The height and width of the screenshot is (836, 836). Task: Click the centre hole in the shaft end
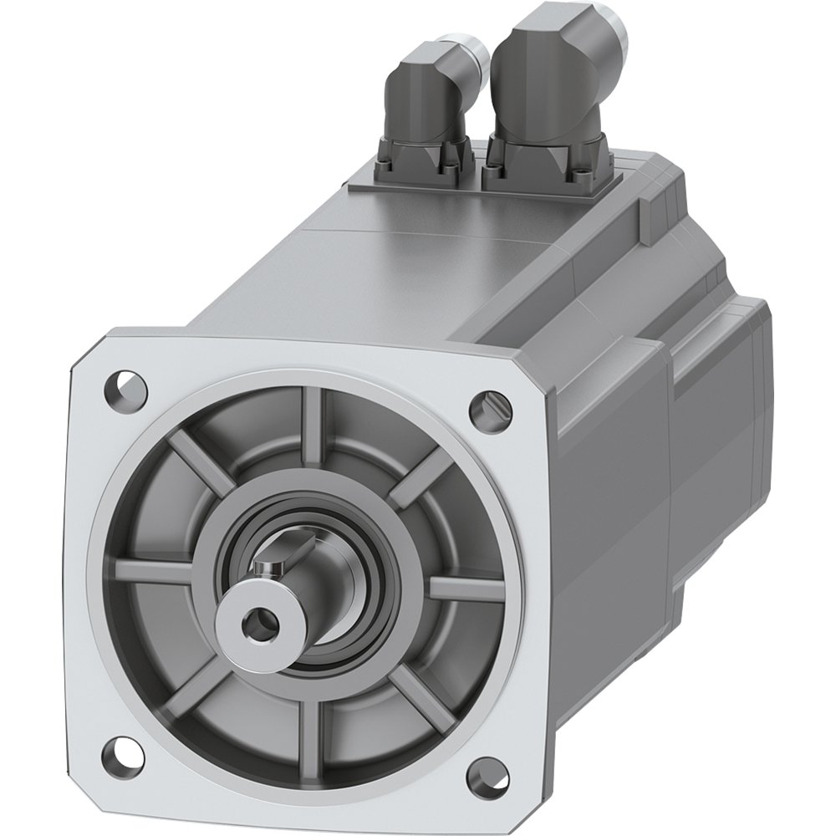[251, 619]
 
